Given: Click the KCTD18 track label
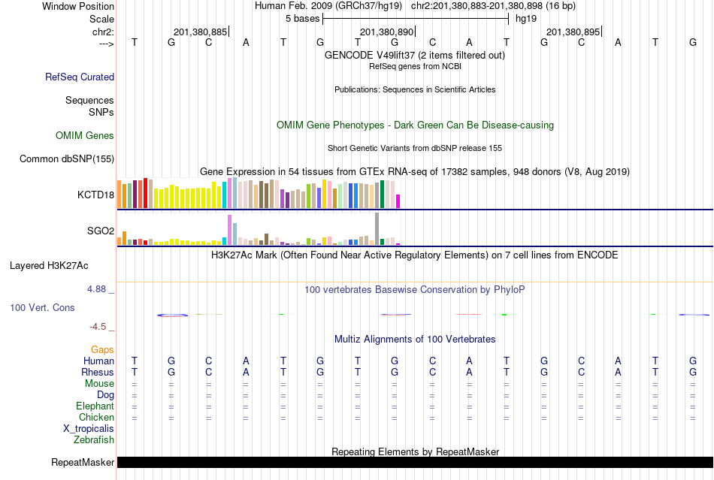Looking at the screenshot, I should coord(95,195).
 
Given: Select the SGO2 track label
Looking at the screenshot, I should coord(101,231).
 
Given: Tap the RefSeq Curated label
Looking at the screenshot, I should coord(80,77).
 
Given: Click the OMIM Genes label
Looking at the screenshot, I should coord(85,136).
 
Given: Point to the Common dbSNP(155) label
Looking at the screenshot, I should coord(67,158).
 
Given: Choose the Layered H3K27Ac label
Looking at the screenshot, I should coord(49,265).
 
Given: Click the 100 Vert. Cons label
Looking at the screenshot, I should coord(43,308).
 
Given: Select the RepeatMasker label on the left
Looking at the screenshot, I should coord(83,462).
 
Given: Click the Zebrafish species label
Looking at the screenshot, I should coord(94,440).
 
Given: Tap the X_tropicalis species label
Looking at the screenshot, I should coord(89,429).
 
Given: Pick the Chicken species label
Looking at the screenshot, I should coord(97,418).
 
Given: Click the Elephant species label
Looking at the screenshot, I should coord(95,406).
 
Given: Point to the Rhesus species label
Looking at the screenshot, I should coord(98,373).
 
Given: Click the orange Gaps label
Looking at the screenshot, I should coord(102,350).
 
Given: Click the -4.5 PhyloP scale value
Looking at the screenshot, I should coord(99,327).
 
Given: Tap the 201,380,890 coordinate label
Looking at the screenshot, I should coord(386,32).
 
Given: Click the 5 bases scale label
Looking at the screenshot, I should coord(302,18).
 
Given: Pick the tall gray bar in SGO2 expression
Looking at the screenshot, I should coord(377,228).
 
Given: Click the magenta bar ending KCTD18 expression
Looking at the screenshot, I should coord(398,201).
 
